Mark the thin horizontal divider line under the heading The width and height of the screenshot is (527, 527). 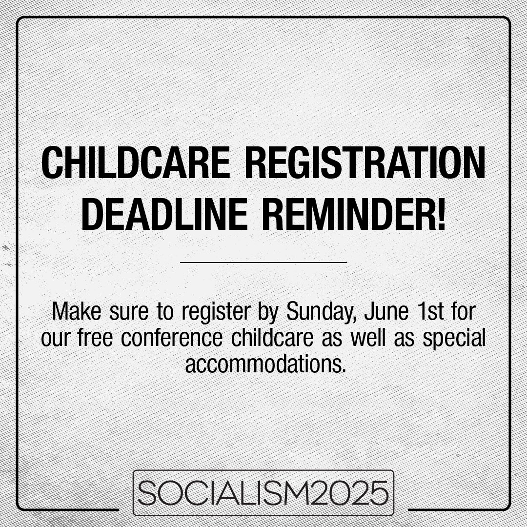click(x=263, y=263)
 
